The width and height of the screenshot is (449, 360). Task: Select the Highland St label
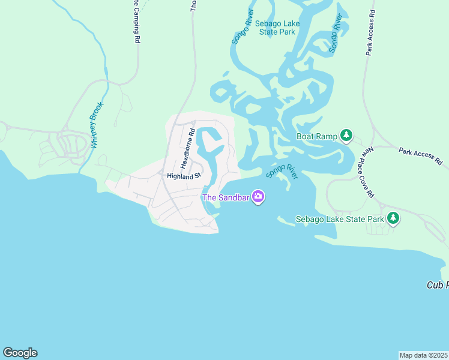(x=184, y=176)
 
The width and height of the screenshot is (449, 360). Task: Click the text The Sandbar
(x=226, y=197)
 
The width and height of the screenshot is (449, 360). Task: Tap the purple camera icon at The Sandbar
(x=258, y=196)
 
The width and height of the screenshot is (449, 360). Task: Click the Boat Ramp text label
(x=317, y=136)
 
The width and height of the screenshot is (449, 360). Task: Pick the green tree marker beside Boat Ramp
(x=346, y=136)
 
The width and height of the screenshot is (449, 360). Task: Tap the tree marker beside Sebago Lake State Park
(x=393, y=218)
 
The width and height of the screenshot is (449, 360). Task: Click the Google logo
(x=20, y=353)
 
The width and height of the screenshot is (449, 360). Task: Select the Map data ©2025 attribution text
(x=424, y=355)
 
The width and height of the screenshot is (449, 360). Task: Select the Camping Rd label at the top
(x=137, y=22)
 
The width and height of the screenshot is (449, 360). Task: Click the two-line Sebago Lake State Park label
(x=277, y=28)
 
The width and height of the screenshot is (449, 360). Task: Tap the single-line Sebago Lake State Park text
(x=340, y=219)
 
